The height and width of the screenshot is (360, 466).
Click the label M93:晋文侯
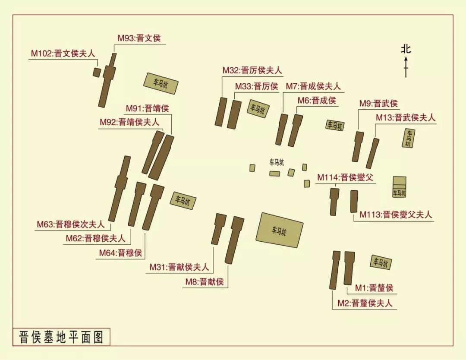tap(139, 38)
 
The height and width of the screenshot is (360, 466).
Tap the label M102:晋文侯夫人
tap(63, 54)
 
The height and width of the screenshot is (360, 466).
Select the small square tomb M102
tap(97, 72)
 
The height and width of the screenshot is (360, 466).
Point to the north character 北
tap(406, 48)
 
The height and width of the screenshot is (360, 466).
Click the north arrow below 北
tap(406, 68)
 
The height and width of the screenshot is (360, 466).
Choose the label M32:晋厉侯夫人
tap(252, 70)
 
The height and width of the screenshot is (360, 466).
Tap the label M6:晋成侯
tap(317, 101)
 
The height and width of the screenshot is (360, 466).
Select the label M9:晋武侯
tap(378, 104)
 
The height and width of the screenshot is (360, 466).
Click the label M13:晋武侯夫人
tap(406, 118)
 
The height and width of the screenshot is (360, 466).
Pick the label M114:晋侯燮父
tap(345, 177)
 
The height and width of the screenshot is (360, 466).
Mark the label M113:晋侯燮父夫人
tap(395, 215)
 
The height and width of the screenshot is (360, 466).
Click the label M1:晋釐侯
tap(374, 288)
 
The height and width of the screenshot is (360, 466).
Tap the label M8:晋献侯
tap(205, 282)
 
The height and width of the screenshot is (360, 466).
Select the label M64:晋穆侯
tap(120, 253)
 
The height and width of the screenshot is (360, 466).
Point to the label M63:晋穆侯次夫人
tap(71, 224)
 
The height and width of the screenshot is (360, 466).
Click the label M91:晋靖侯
tap(147, 108)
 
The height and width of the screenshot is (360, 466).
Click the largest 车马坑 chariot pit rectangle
tap(279, 230)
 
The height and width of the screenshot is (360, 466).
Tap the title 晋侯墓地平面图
tap(61, 337)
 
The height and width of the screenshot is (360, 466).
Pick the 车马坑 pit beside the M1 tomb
tap(381, 262)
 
